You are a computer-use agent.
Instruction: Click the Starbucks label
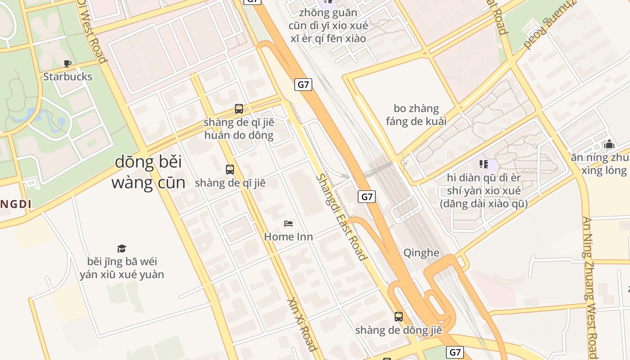coord(67,76)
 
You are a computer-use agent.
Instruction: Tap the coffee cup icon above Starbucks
coord(67,63)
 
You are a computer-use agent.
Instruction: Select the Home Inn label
coord(288,236)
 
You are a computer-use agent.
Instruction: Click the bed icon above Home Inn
coord(288,223)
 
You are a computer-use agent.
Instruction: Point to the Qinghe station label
coord(421,252)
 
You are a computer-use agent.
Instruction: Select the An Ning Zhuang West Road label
coord(590,288)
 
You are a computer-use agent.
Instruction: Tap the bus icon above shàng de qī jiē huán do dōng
coord(239,108)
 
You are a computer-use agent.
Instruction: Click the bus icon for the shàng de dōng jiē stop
coord(399,316)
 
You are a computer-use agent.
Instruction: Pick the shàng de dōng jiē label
coord(399,330)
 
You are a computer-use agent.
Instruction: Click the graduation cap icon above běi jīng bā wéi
coord(121,248)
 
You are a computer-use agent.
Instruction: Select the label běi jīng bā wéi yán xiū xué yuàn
coord(122,268)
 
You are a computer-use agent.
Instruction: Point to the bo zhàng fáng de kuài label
coord(416,115)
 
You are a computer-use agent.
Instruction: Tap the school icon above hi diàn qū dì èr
coord(484,164)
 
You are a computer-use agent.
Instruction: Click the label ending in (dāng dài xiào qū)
coord(484,191)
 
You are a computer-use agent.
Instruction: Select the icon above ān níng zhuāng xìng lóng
coord(609,144)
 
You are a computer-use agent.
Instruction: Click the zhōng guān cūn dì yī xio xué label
coord(328,25)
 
